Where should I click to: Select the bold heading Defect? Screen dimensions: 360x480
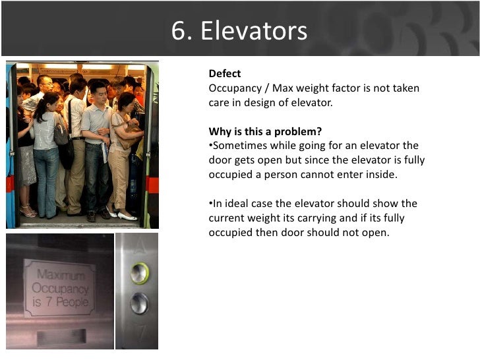(x=225, y=73)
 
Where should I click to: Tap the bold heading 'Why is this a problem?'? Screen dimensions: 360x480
(x=265, y=131)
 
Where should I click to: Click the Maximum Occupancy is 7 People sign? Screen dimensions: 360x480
(x=59, y=288)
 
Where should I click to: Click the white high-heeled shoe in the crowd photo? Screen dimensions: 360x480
(x=126, y=216)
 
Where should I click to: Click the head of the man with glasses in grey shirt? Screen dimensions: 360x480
(x=98, y=90)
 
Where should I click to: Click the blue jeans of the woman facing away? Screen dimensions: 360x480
(x=46, y=178)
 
